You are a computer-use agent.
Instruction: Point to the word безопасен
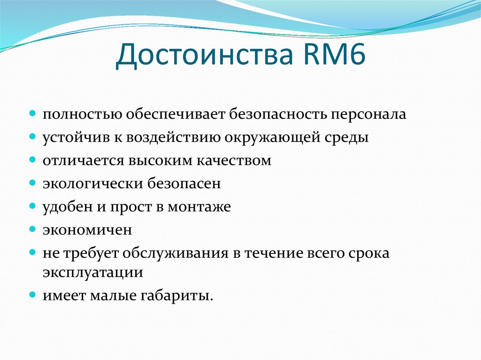tap(185, 184)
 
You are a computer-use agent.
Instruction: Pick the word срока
tap(369, 253)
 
